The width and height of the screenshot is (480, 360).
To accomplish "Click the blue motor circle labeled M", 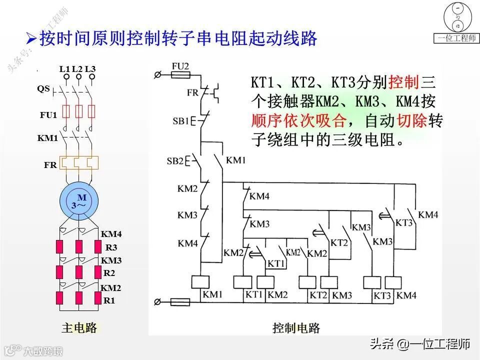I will [x=78, y=200].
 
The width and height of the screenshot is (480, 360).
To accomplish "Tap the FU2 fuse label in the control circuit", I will [x=180, y=66].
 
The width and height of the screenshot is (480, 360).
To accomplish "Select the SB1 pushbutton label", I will [x=180, y=121].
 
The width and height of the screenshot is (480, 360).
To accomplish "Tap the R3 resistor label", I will [x=111, y=247].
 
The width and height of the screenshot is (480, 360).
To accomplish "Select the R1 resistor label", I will [x=109, y=300].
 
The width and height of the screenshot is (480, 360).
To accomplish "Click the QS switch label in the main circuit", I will [x=43, y=88].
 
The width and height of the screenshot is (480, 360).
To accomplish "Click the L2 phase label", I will [x=77, y=68].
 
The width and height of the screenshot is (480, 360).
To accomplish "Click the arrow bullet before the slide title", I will [x=31, y=37].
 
